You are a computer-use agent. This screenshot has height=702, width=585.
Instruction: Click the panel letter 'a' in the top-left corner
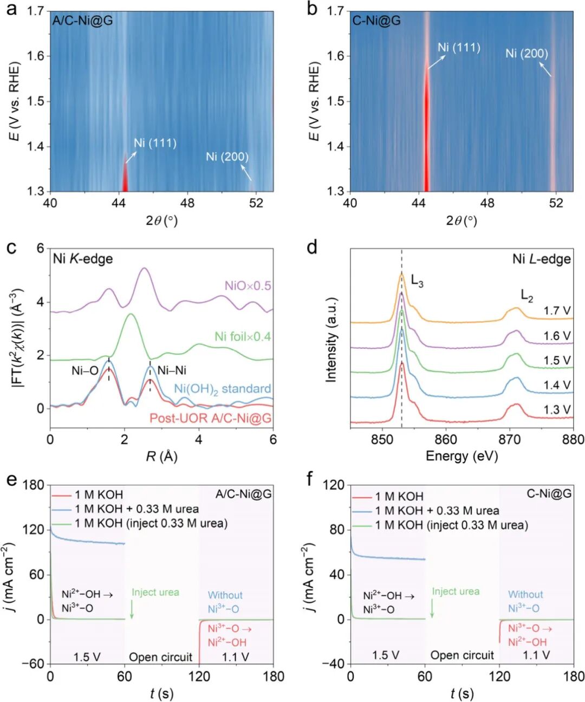click(11, 9)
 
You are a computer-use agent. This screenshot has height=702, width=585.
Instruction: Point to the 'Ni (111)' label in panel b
click(459, 48)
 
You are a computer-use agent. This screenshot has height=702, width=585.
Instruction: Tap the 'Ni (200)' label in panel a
click(227, 157)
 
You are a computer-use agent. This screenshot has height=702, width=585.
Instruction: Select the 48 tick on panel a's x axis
click(187, 203)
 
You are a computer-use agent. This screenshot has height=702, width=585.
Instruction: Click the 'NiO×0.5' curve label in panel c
click(248, 285)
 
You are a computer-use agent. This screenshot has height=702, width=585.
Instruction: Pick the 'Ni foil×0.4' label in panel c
click(243, 336)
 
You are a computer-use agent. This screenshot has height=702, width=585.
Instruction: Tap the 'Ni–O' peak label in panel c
click(85, 371)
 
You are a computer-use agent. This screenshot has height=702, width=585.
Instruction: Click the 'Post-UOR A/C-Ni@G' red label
click(211, 418)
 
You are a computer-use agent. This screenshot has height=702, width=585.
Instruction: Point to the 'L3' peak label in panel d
click(417, 281)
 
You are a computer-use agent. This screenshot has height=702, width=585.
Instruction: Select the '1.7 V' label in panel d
click(557, 311)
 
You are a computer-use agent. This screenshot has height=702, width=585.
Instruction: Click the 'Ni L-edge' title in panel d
click(542, 259)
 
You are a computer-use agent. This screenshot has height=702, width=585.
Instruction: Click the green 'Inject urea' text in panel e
click(155, 592)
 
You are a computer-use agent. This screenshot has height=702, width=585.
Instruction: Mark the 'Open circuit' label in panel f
click(462, 655)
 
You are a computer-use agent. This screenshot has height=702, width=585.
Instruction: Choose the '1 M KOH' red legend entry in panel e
click(99, 495)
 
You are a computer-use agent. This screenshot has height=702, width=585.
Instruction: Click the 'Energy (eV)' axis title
click(461, 456)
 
